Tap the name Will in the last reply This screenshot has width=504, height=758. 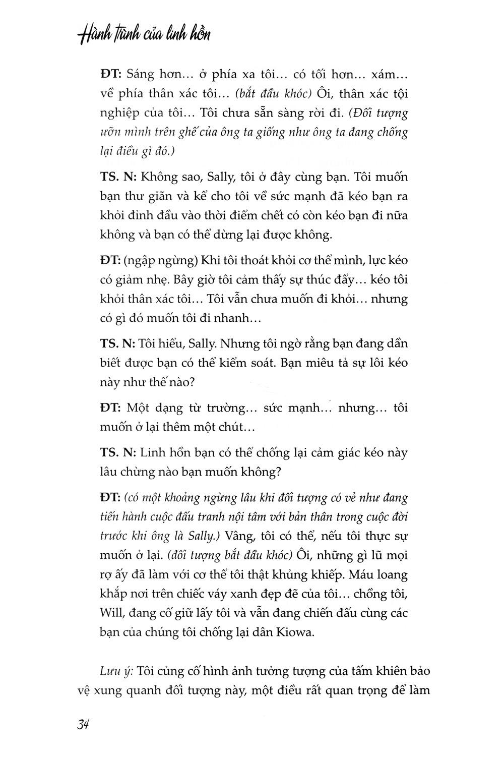(110, 613)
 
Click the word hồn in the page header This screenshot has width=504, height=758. (194, 35)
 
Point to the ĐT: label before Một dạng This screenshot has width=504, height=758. (110, 407)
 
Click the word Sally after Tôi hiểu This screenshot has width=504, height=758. (203, 344)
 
